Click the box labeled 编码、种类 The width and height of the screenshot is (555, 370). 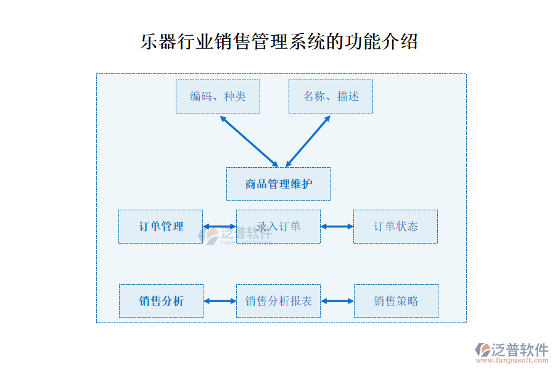tap(218, 96)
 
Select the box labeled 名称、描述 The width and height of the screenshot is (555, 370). tap(331, 96)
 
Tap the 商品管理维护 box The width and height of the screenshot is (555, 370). tap(278, 184)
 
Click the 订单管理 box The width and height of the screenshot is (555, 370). tap(160, 226)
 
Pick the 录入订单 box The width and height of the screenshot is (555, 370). tap(278, 226)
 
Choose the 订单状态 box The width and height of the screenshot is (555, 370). tap(395, 226)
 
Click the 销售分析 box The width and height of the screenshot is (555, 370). tap(160, 301)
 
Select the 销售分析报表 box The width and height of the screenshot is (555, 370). tap(278, 301)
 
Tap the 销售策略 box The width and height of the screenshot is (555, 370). tap(396, 301)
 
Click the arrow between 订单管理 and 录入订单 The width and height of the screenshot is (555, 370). tap(220, 226)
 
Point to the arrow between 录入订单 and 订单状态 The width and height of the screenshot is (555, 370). tap(337, 226)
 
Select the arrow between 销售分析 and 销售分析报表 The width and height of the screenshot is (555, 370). tap(220, 301)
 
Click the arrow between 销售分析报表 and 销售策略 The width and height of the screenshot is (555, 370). tap(337, 301)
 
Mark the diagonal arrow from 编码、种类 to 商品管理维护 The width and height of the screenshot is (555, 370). tap(249, 141)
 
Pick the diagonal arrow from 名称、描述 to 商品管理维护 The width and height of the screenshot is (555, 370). tap(308, 141)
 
